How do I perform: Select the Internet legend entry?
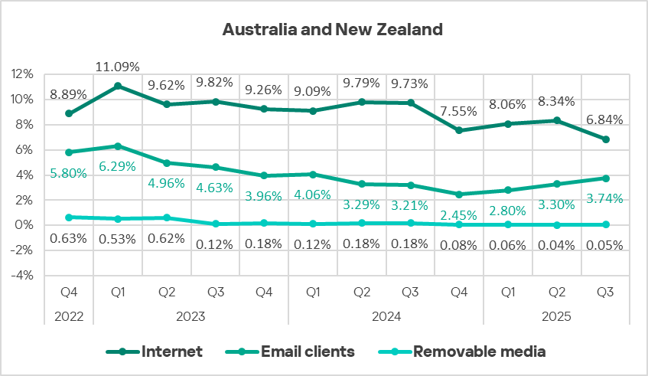point(171,352)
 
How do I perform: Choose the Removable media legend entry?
point(479,352)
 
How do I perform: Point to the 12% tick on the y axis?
point(23,74)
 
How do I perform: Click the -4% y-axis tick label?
point(23,276)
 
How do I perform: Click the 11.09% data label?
point(118,67)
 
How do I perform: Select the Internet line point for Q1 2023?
point(118,86)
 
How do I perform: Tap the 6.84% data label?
point(604,120)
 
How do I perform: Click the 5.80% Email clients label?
point(69,174)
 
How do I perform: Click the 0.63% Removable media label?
point(69,238)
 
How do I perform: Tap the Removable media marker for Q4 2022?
point(69,217)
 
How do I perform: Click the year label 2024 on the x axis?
point(385,315)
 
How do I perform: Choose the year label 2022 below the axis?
point(69,315)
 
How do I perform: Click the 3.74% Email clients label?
point(604,198)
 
